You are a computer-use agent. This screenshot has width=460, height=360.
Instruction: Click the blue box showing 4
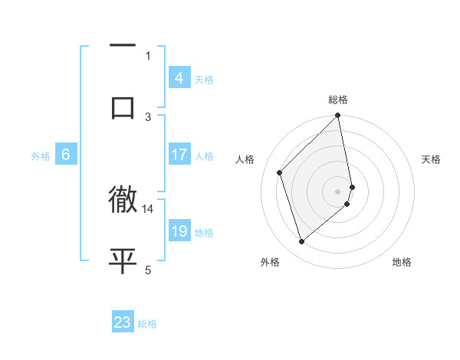pyautogui.click(x=179, y=78)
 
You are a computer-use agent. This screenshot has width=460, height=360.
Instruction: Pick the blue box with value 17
pyautogui.click(x=179, y=155)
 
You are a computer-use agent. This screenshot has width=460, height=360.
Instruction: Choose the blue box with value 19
pyautogui.click(x=179, y=231)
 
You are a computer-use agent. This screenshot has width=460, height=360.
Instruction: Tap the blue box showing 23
pyautogui.click(x=123, y=322)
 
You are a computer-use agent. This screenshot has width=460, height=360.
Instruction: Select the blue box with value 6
pyautogui.click(x=66, y=155)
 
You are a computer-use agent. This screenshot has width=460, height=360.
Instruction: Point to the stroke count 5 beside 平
pyautogui.click(x=148, y=269)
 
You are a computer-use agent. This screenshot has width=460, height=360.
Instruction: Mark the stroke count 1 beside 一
pyautogui.click(x=148, y=55)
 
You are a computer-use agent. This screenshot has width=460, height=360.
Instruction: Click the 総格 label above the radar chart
pyautogui.click(x=338, y=100)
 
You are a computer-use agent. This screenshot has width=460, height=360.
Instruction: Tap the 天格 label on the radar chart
pyautogui.click(x=432, y=159)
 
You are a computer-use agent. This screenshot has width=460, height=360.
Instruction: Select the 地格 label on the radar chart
pyautogui.click(x=402, y=263)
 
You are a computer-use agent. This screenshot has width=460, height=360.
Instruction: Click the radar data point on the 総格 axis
pyautogui.click(x=338, y=116)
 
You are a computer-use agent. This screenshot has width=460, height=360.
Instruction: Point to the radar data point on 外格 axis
pyautogui.click(x=301, y=242)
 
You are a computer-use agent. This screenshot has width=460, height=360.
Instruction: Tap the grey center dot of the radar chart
pyautogui.click(x=338, y=191)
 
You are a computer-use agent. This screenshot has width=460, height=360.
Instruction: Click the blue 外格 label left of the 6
pyautogui.click(x=41, y=155)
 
